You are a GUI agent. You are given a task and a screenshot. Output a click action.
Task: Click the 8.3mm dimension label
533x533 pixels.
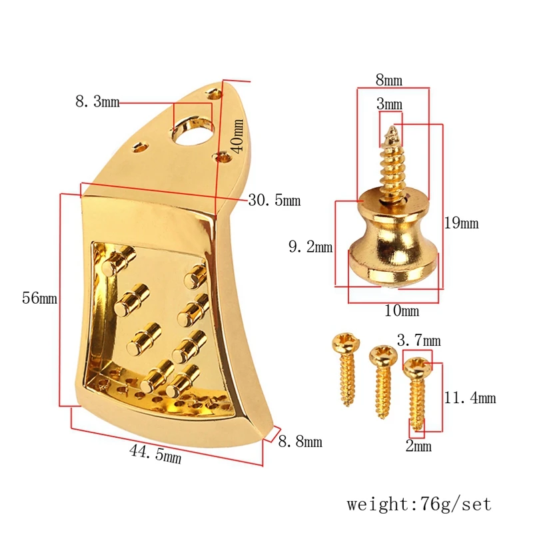pyautogui.click(x=97, y=102)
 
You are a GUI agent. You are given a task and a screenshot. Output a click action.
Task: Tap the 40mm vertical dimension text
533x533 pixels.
pyautogui.click(x=237, y=136)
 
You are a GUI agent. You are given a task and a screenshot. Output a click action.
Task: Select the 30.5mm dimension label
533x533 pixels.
pyautogui.click(x=274, y=200)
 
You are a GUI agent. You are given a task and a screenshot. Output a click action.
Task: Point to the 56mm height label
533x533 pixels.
pyautogui.click(x=39, y=298)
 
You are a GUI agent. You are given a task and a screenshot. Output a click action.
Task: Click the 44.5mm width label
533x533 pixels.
pyautogui.click(x=155, y=454)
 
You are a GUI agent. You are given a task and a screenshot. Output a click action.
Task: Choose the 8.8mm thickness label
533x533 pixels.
pyautogui.click(x=300, y=441)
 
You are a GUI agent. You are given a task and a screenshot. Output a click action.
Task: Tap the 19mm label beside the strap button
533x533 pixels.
pyautogui.click(x=461, y=223)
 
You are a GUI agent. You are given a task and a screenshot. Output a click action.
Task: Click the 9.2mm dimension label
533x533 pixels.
pyautogui.click(x=310, y=247)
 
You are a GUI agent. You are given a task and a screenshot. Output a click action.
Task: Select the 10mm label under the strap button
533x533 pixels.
pyautogui.click(x=402, y=310)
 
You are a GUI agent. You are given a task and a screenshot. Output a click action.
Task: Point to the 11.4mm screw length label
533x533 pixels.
pyautogui.click(x=470, y=397)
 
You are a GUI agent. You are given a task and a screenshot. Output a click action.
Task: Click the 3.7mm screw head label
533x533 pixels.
pyautogui.click(x=419, y=340)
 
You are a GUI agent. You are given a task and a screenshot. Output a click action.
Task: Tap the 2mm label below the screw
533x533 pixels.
pyautogui.click(x=418, y=446)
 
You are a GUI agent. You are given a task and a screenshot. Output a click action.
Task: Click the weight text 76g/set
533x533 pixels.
pyautogui.click(x=456, y=504)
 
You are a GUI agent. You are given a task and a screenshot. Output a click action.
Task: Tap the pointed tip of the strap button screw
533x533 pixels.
pyautogui.click(x=393, y=127)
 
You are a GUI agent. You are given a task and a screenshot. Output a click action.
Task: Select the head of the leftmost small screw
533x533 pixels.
pyautogui.click(x=345, y=342)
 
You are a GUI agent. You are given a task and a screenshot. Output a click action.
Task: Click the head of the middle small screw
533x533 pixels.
pyautogui.click(x=383, y=355)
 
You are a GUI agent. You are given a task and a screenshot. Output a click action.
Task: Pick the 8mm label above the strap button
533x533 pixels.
pyautogui.click(x=389, y=80)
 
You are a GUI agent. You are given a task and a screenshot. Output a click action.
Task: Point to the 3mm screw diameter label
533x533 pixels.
pyautogui.click(x=389, y=104)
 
